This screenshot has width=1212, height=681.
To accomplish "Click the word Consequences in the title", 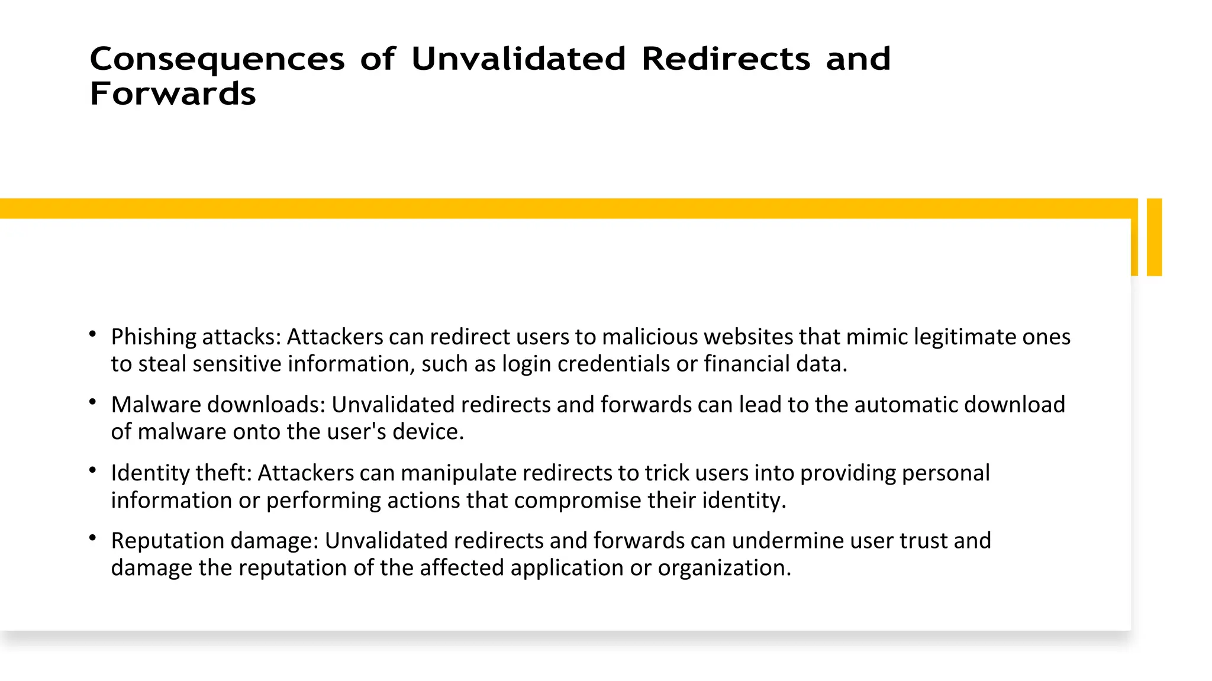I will pos(217,59).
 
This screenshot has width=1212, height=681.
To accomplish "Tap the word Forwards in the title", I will pos(173,94).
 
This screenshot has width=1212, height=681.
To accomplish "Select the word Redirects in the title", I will pos(726,59).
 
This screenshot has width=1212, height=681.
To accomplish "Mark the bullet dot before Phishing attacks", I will pos(92,334).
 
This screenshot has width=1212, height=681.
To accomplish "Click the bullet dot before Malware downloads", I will pos(92,402).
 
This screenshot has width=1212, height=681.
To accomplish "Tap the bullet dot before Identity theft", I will pos(92,470).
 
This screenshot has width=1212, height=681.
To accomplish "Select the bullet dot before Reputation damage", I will pos(92,538).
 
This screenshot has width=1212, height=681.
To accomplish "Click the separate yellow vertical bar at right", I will pos(1154,237).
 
